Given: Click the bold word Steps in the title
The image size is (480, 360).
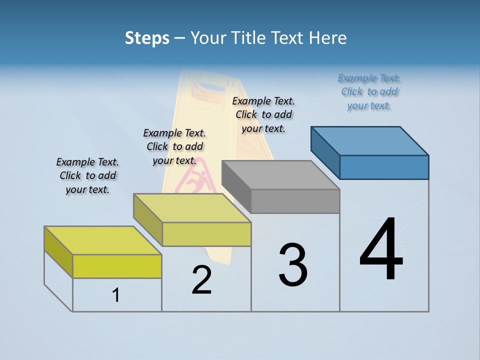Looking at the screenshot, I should coord(147,38).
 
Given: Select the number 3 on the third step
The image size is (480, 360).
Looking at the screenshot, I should coord(293,265).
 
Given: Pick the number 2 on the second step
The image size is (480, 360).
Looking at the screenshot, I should coord(202,280).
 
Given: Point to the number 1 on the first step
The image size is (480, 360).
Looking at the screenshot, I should coord(116,295).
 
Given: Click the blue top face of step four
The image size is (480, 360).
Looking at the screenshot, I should coord(370,140).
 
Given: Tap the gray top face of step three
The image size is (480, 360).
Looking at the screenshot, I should coord(280,175).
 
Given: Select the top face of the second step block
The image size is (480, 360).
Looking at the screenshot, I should coord(192,208).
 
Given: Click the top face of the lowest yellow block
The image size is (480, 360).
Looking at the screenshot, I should coord(103,240).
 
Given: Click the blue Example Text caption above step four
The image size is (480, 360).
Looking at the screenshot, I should coord(369,91).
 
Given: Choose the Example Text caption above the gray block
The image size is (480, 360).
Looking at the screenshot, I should coord(263,114).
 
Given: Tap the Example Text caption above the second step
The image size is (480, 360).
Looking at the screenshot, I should coord(174,146).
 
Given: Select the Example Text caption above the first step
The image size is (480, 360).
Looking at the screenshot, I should coord(87,175).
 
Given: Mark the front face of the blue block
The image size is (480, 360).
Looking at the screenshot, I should coord(384,167).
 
